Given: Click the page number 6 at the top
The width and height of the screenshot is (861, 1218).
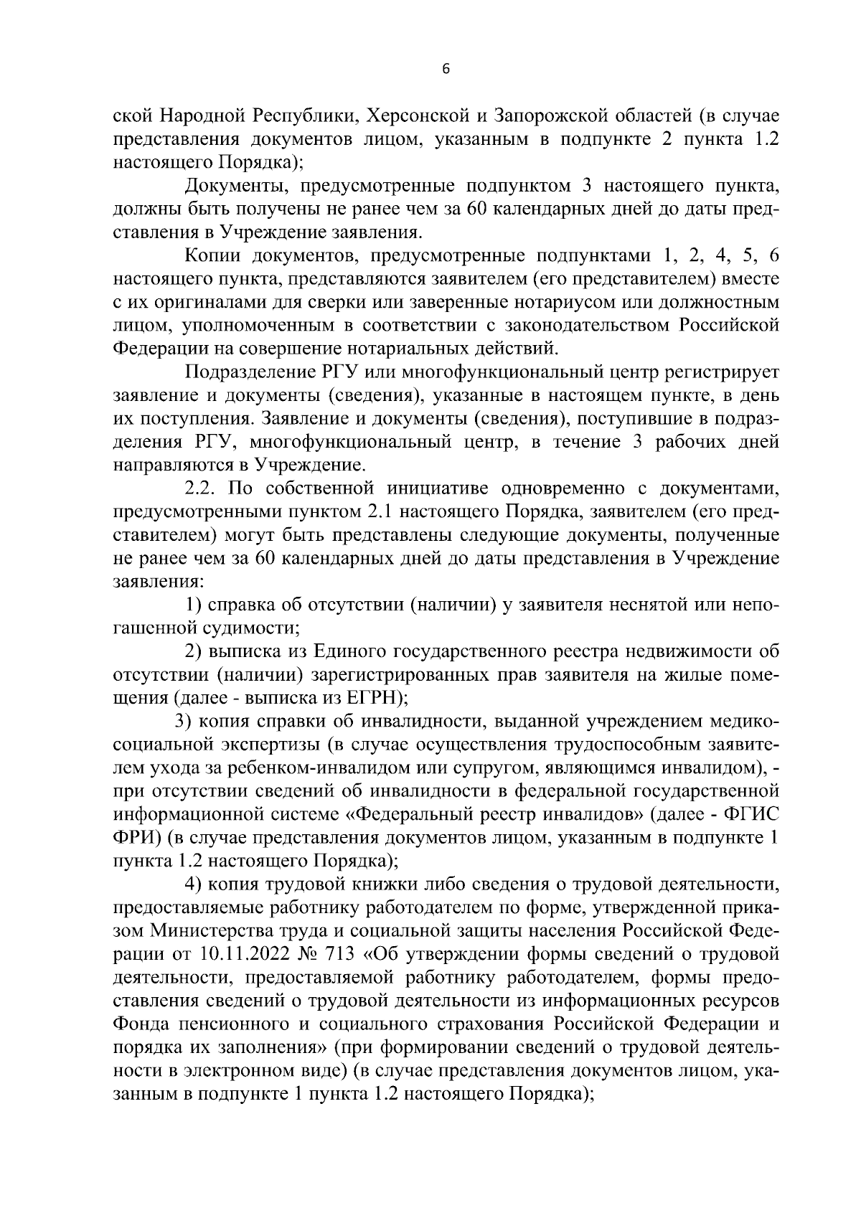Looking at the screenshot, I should coord(446,69).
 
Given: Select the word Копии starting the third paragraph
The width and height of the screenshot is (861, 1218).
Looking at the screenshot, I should coord(217,255).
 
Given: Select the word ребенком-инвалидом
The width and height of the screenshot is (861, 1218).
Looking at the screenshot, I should coord(334,768).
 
